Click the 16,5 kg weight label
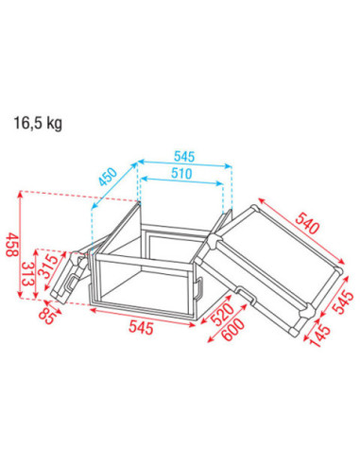(38, 123)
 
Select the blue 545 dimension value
(184, 157)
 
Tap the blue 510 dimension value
(181, 173)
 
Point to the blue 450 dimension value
(108, 177)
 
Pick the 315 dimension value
(48, 266)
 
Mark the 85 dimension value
(49, 315)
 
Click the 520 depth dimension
(222, 314)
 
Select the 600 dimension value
(233, 330)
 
